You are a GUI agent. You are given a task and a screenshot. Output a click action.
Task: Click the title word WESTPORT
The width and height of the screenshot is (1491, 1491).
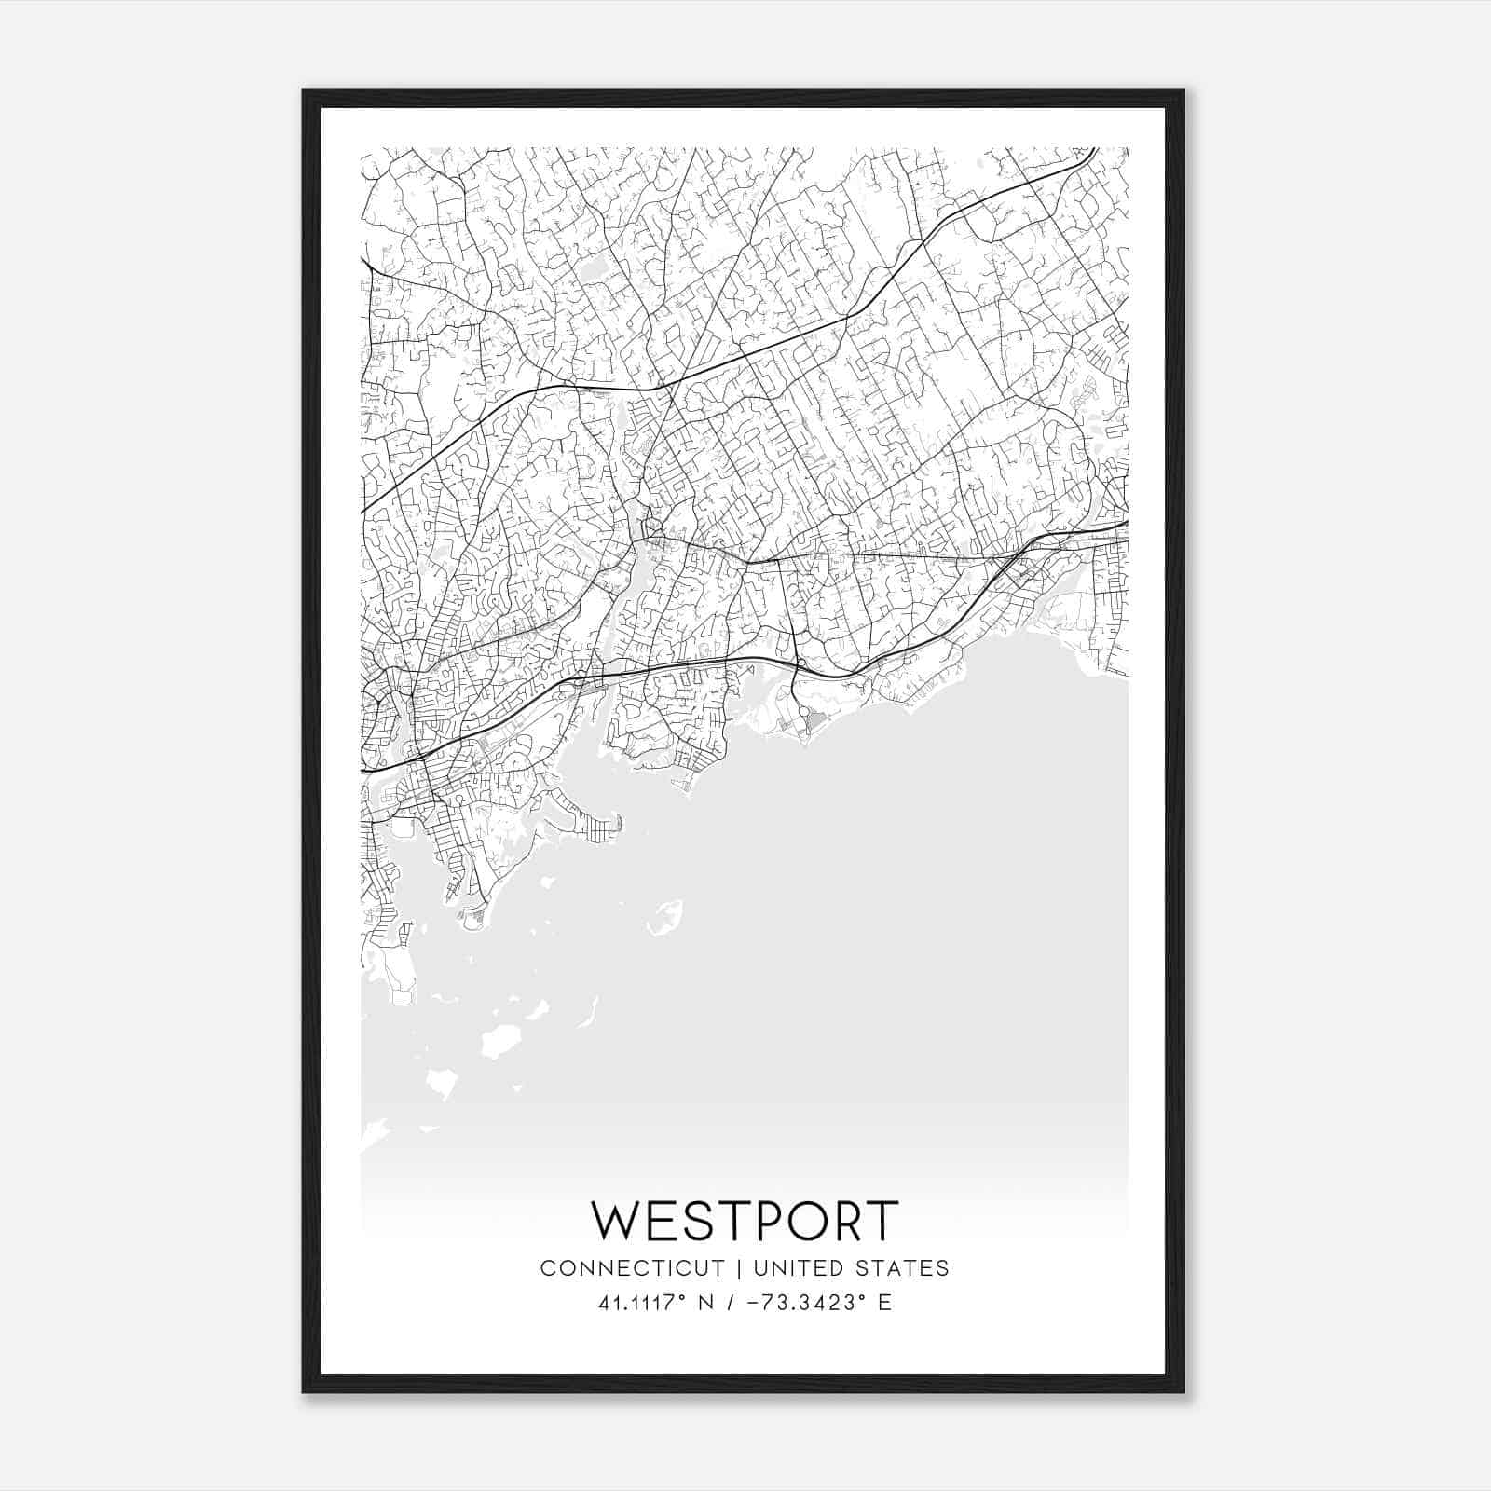[x=745, y=1221]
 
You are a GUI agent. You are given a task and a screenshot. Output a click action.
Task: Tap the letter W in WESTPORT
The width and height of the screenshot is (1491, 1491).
[x=615, y=1221]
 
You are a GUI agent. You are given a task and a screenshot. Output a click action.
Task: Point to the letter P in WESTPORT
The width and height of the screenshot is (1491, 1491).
[x=761, y=1221]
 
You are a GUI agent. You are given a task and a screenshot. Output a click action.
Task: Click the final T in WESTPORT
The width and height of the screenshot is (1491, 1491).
[x=882, y=1221]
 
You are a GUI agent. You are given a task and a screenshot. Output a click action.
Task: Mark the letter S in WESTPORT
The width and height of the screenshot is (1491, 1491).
[x=690, y=1221]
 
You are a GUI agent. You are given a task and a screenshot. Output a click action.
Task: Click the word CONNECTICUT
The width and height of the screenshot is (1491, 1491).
[x=632, y=1268]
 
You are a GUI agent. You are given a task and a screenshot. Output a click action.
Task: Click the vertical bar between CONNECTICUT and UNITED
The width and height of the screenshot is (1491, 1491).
[x=739, y=1268]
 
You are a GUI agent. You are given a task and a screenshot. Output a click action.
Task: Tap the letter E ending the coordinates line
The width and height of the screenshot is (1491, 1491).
[x=884, y=1303]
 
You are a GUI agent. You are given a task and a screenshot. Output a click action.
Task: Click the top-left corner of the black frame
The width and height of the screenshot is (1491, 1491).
[x=304, y=90]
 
